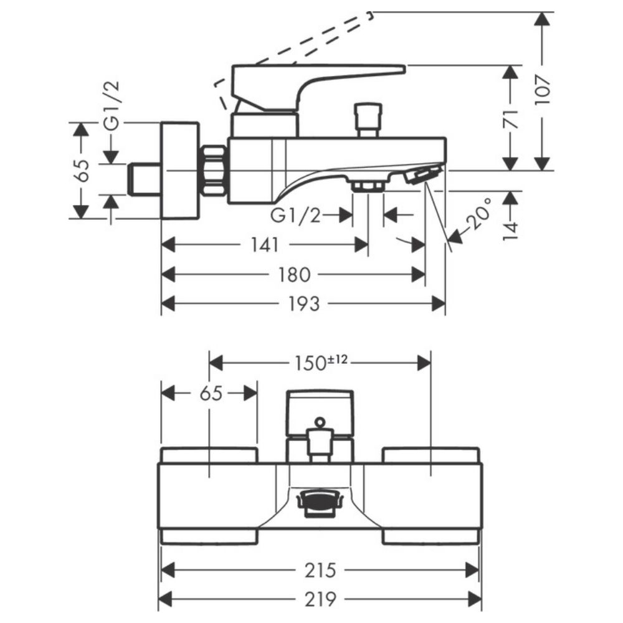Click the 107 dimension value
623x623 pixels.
pyautogui.click(x=543, y=92)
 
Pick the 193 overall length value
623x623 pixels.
pyautogui.click(x=304, y=303)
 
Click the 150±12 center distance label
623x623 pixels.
pyautogui.click(x=325, y=362)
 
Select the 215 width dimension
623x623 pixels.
pyautogui.click(x=321, y=569)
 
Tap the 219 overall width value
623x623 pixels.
pyautogui.click(x=321, y=599)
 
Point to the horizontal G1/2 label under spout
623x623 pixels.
pyautogui.click(x=296, y=216)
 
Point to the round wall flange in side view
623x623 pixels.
pyautogui.click(x=180, y=170)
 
